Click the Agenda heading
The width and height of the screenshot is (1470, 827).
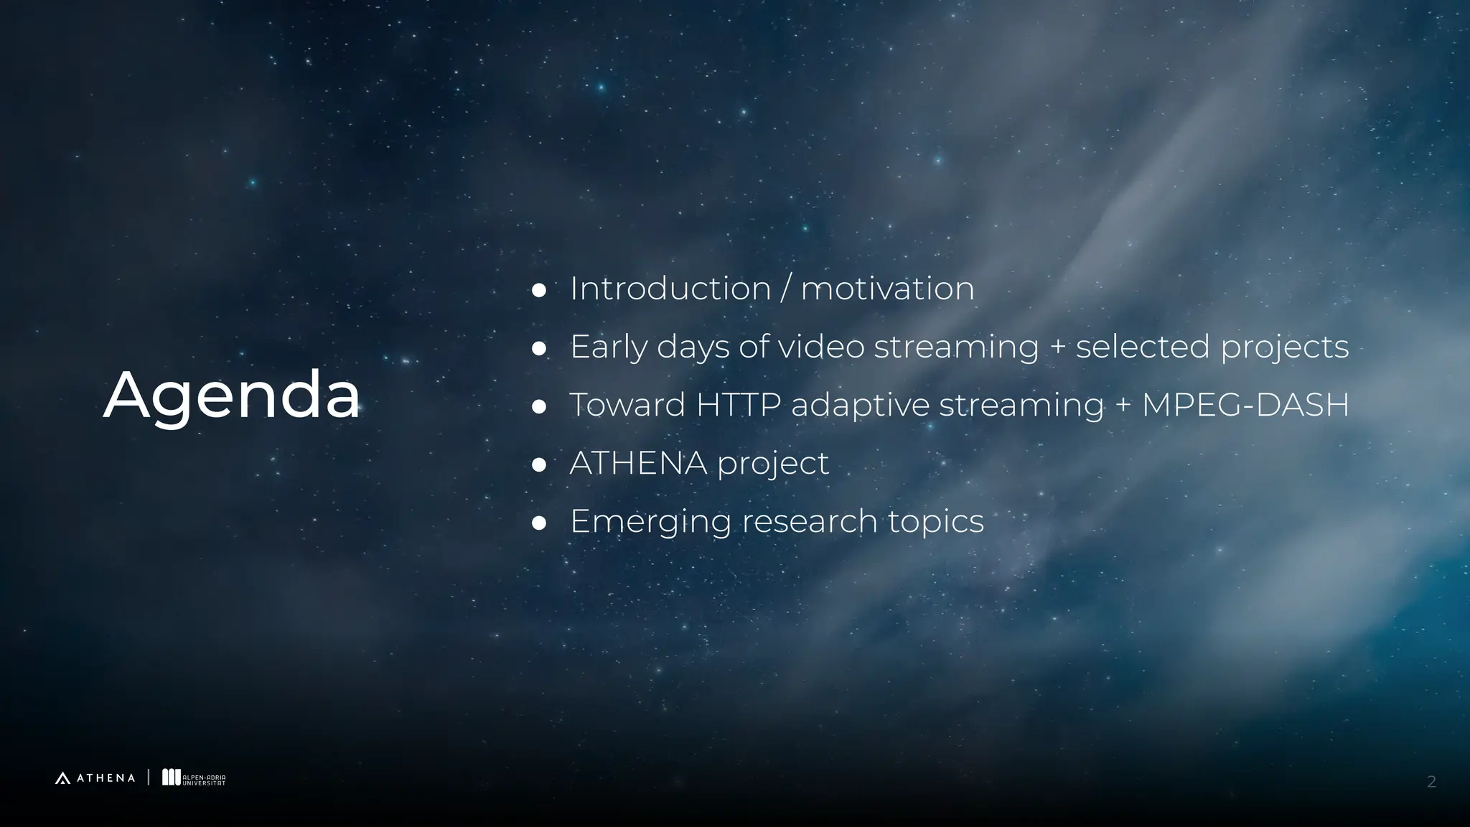231,396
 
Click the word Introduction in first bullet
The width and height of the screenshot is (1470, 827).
670,289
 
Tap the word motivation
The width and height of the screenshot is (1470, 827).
887,289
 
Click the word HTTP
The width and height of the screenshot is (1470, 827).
738,405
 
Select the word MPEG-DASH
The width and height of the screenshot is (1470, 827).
1245,405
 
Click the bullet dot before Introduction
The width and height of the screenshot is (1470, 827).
539,291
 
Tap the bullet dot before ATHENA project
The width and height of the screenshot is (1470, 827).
539,465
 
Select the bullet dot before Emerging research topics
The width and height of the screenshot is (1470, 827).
539,523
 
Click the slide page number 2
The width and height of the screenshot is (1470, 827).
1431,782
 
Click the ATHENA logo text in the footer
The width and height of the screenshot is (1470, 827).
105,778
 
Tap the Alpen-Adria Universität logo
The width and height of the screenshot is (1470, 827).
194,778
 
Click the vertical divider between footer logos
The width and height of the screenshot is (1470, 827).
149,777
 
